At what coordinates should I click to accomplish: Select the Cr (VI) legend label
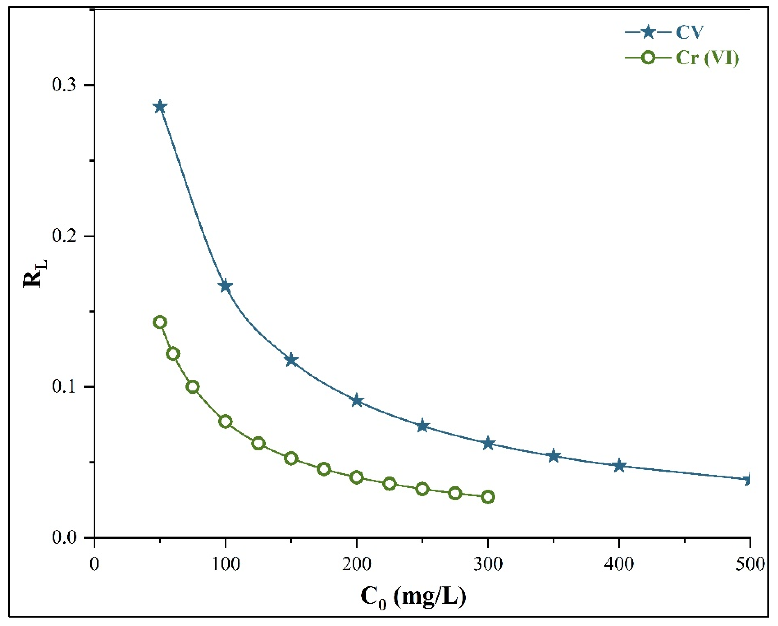(707, 58)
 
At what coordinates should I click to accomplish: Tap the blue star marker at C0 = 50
(160, 107)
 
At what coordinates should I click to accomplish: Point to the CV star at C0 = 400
(619, 465)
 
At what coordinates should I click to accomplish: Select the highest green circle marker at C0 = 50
(160, 322)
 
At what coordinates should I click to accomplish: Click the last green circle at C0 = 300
(488, 497)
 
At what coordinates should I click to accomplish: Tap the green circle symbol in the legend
(649, 58)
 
